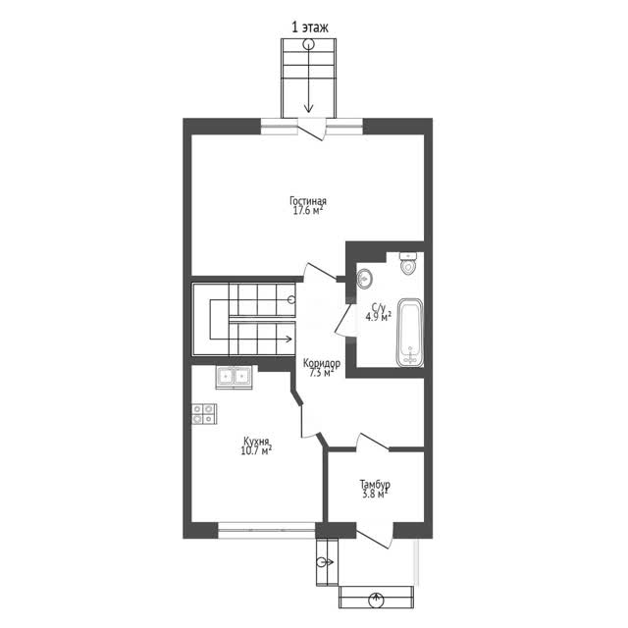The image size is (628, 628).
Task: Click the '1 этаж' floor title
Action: [x=310, y=27]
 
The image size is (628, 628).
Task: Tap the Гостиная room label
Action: [x=308, y=200]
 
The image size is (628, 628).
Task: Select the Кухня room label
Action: [x=256, y=441]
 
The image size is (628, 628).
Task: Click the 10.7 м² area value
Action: [x=256, y=450]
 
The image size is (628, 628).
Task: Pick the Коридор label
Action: [x=322, y=363]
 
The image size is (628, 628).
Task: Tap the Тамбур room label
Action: [x=375, y=485]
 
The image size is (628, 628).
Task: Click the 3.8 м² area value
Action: [x=375, y=495]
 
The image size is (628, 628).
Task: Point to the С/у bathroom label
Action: [x=378, y=308]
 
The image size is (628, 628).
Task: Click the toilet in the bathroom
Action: [x=408, y=264]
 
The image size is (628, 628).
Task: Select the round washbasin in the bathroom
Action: [x=365, y=279]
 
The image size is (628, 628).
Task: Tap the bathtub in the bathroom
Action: [x=410, y=333]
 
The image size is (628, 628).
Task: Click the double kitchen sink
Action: [x=234, y=377]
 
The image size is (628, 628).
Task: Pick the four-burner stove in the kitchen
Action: [x=204, y=414]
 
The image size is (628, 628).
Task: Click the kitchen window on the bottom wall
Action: [x=266, y=530]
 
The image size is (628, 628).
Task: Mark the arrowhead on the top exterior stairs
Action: [x=308, y=108]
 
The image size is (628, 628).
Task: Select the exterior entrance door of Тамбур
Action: [x=375, y=535]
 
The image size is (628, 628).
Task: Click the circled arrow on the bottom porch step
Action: [x=376, y=600]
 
